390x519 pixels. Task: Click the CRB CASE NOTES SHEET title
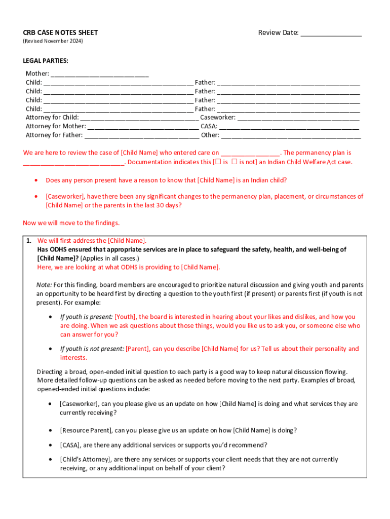pos(60,33)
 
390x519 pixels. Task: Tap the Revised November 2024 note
pos(53,41)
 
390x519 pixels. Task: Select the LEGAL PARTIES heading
pos(46,61)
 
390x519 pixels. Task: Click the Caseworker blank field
pos(298,118)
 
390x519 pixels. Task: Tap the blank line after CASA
pos(289,127)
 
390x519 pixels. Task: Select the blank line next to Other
pos(291,135)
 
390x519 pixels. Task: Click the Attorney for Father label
pos(54,135)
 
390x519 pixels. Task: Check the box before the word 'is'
pos(217,162)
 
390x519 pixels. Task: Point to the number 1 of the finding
pos(29,241)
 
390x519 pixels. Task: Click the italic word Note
pos(44,285)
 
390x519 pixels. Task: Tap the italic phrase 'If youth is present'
pos(86,317)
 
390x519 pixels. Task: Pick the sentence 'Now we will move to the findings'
pos(71,223)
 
